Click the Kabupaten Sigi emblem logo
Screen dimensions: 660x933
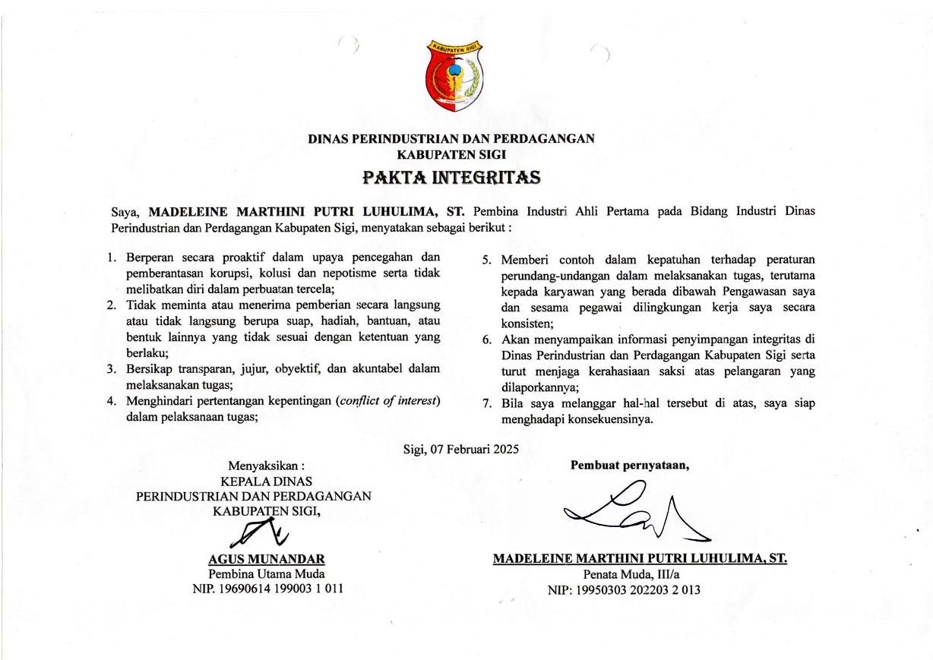pos(454,75)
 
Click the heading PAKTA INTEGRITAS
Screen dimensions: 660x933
pos(451,178)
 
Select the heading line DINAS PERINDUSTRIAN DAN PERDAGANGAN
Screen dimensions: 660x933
pos(451,138)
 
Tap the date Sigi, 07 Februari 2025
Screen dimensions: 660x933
pos(461,449)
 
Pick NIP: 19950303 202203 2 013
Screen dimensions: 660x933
pos(624,589)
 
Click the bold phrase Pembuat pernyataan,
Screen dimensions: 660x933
pos(630,466)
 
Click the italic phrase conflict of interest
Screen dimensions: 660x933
pos(388,400)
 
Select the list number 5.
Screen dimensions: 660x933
pos(486,261)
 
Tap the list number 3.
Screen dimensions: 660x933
pos(111,369)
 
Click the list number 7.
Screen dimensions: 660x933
pos(486,404)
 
